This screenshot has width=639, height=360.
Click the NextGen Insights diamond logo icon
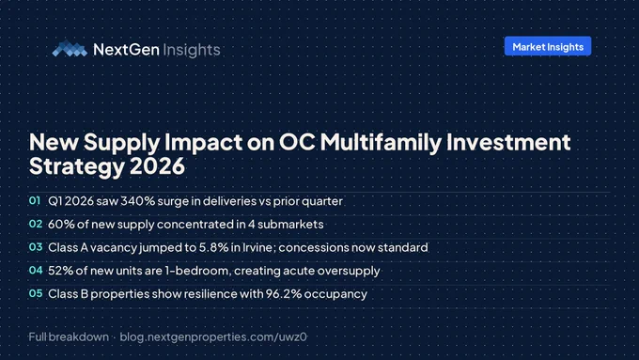[x=70, y=49]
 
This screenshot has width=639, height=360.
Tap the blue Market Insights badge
[x=548, y=46]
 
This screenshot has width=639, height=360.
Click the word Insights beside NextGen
[x=192, y=50]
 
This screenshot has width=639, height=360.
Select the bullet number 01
[x=35, y=200]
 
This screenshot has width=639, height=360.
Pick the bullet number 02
[x=36, y=224]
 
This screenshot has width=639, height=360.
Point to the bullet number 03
[x=36, y=247]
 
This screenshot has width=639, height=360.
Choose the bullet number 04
[x=36, y=271]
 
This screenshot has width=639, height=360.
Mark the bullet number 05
[x=36, y=293]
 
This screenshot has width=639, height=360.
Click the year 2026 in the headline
[x=157, y=166]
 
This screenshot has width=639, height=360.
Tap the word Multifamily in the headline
[x=381, y=142]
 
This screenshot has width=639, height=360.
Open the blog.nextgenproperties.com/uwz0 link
[x=213, y=337]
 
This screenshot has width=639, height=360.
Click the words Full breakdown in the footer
[x=69, y=337]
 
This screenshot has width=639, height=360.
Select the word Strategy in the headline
[x=77, y=167]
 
